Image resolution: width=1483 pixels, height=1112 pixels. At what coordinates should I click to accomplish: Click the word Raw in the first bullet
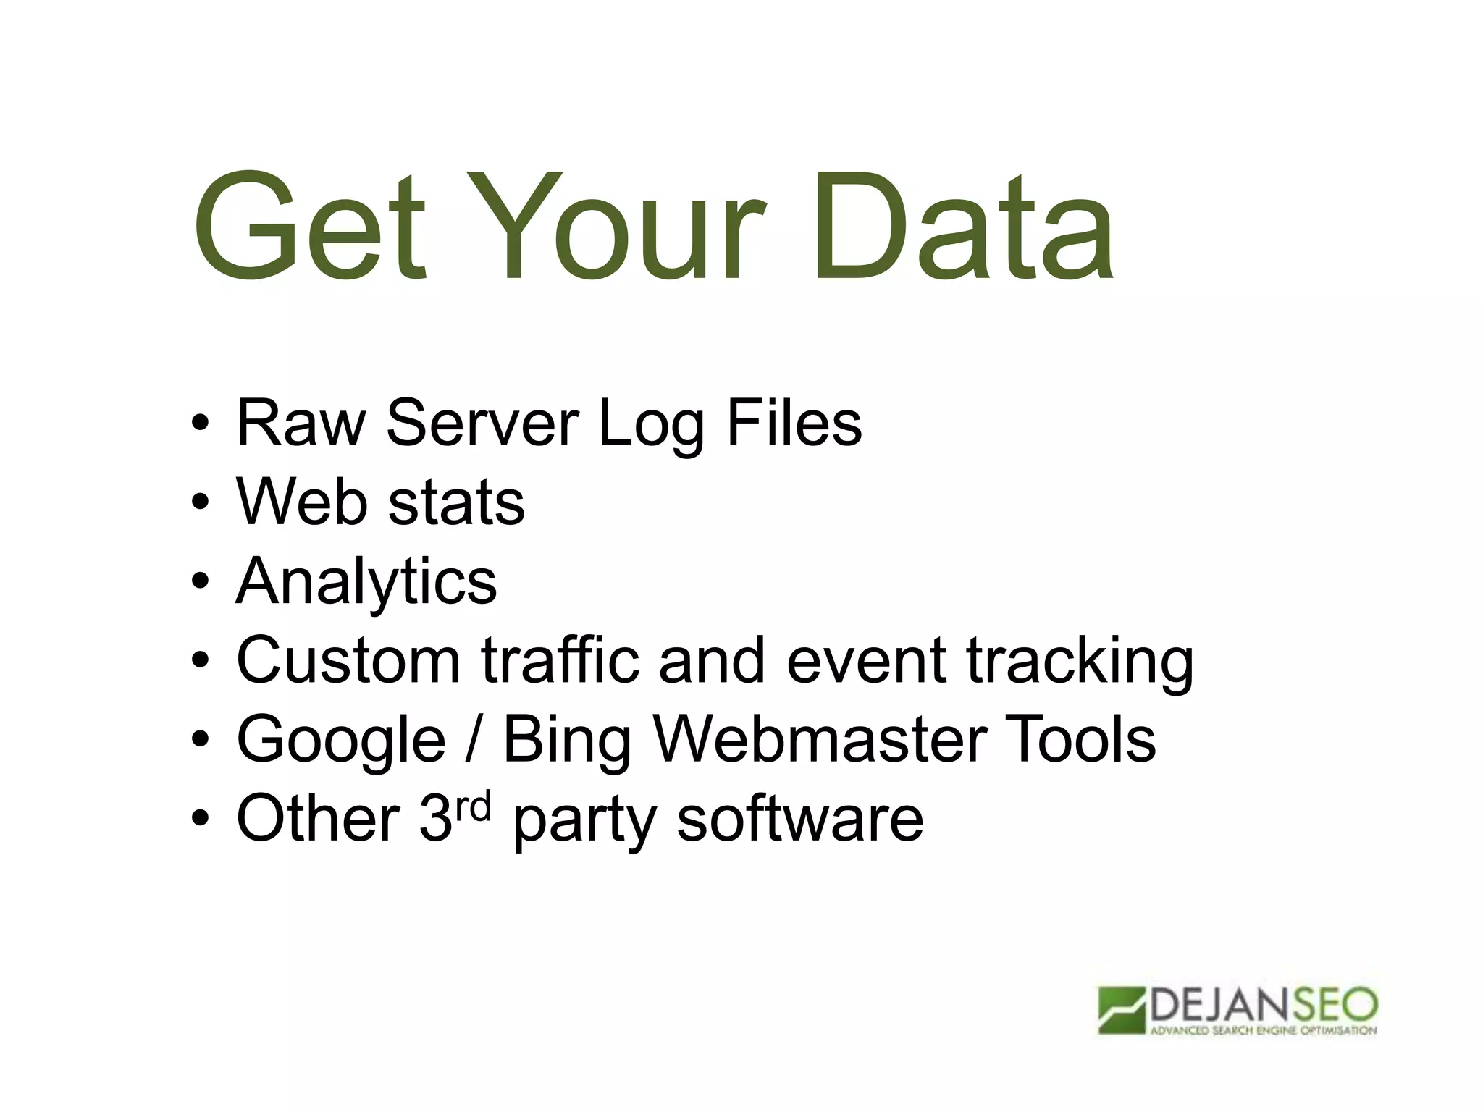(301, 423)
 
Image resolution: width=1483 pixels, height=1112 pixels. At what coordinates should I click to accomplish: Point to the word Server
(482, 423)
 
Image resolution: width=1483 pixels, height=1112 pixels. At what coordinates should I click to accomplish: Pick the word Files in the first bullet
(794, 423)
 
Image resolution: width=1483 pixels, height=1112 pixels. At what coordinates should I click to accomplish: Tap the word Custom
(348, 660)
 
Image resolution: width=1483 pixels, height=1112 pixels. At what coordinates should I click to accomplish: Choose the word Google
(341, 741)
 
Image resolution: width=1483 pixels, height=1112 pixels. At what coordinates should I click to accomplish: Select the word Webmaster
(820, 739)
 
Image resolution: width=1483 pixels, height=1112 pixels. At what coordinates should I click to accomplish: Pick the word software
(799, 819)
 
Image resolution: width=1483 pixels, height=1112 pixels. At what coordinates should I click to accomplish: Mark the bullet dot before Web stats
(201, 502)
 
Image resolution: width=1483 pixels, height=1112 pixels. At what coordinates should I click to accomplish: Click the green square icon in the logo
(1121, 1010)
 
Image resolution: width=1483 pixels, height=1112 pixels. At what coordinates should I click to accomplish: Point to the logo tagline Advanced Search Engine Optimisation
(1263, 1030)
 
